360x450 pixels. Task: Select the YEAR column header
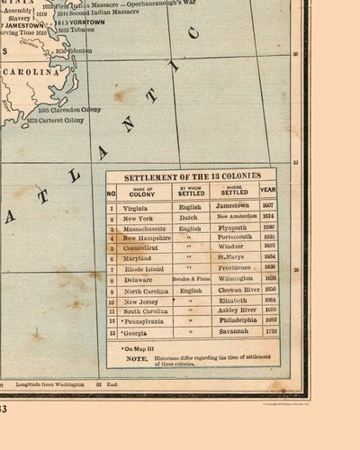tap(268, 190)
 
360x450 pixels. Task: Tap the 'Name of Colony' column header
tap(142, 190)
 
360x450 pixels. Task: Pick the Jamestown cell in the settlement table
tap(230, 206)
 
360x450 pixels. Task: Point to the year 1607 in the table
tap(268, 206)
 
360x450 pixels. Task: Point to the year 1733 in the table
tap(268, 332)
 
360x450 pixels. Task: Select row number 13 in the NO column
tap(112, 332)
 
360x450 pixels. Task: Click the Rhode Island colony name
tap(144, 267)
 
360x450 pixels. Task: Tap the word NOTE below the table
tap(137, 356)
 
